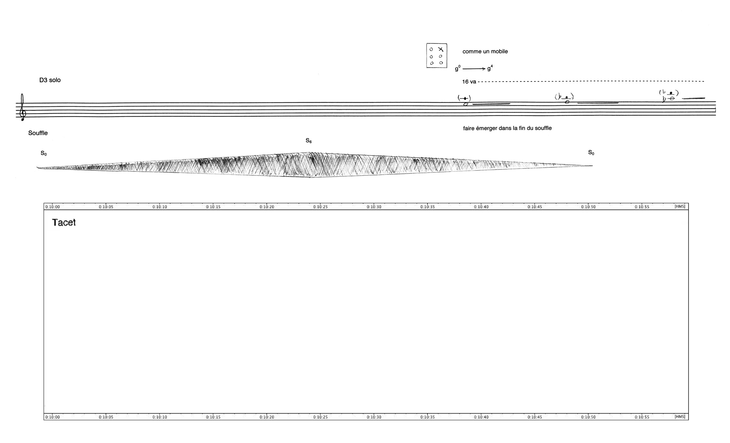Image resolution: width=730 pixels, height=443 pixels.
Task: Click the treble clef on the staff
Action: tap(22, 107)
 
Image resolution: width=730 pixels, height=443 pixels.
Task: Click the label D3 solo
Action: tap(50, 80)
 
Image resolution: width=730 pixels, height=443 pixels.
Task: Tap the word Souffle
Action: tap(38, 133)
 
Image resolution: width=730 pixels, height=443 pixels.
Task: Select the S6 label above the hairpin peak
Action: tap(308, 141)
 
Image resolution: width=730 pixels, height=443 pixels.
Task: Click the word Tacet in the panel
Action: tap(64, 222)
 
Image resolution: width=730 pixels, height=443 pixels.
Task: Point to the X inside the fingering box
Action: tap(441, 49)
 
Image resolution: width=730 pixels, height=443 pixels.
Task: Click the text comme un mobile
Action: tap(485, 51)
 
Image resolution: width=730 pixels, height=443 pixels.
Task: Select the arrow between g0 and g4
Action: tap(474, 69)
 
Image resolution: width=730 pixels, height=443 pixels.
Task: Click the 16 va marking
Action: tap(469, 82)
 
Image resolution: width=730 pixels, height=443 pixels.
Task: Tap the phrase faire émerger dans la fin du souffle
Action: tap(507, 128)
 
